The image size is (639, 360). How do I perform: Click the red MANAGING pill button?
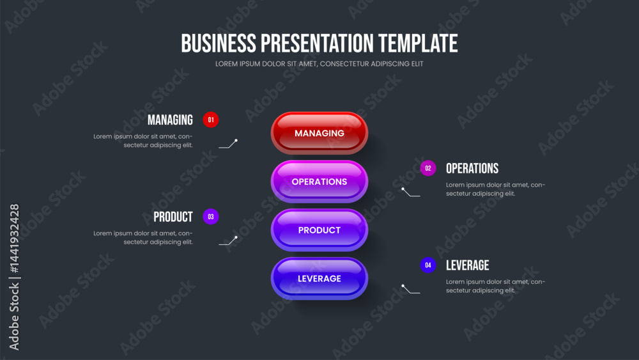coord(319,133)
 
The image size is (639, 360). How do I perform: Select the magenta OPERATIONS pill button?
coord(319,182)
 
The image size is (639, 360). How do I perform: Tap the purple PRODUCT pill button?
coord(319,230)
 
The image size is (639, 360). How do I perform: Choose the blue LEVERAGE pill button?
coord(319,278)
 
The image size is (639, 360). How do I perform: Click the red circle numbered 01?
coord(211,120)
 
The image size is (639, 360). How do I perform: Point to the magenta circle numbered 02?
coord(428,168)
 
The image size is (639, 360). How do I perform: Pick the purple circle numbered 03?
coord(211,217)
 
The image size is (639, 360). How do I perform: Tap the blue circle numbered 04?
coord(428,265)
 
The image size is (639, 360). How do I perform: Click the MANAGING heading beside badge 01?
coord(170,120)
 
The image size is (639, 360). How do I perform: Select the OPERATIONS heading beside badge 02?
coord(472,168)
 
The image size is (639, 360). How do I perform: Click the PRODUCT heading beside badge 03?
coord(173,217)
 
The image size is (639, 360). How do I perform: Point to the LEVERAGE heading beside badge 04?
coord(468,265)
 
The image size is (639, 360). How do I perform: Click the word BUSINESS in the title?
coord(219,43)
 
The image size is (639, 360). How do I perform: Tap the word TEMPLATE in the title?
coord(418,43)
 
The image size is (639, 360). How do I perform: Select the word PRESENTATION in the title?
coord(317,43)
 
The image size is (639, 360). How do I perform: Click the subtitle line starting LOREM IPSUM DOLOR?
coord(319,63)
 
